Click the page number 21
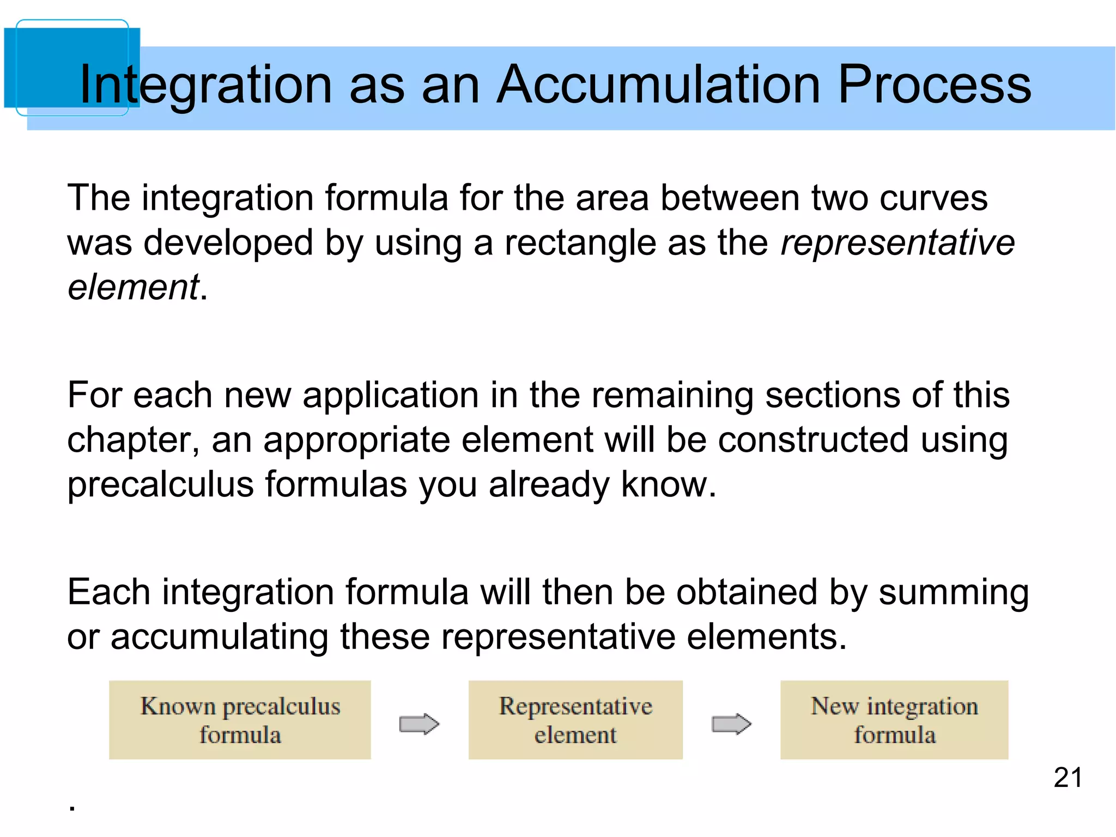(x=1068, y=777)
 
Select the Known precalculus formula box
(x=240, y=719)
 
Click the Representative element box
(x=575, y=719)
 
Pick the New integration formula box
(x=894, y=719)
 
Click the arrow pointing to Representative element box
(x=418, y=724)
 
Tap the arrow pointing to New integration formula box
(x=731, y=724)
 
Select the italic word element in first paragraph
(x=133, y=287)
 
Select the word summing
(x=954, y=592)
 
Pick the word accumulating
(x=219, y=637)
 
